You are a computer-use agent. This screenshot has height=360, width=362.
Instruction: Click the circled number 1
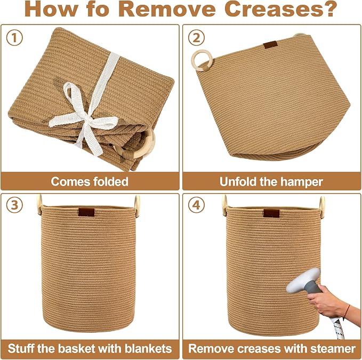click(14, 38)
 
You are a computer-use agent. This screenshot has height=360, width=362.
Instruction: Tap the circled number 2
click(196, 38)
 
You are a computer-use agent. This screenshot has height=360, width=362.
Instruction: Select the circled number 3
click(14, 205)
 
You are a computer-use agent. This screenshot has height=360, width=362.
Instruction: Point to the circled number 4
click(196, 205)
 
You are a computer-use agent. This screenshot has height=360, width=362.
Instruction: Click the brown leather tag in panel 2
click(270, 45)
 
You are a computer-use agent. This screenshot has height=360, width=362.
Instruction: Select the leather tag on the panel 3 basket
click(86, 212)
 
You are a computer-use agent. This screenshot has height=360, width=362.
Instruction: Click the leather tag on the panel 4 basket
click(271, 213)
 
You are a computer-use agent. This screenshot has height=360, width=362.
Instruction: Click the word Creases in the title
click(281, 9)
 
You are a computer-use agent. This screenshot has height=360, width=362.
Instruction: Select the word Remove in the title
click(168, 9)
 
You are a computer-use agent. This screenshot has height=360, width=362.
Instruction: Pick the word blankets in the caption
click(148, 348)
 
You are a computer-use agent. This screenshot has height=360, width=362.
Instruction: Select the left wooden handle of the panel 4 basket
click(224, 205)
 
